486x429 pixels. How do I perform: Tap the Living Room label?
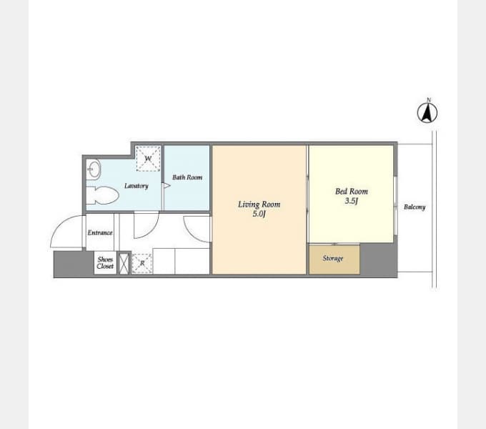(x=259, y=204)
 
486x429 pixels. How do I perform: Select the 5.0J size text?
(x=259, y=214)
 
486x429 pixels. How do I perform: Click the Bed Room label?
(x=352, y=191)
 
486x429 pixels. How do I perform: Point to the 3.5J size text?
(x=352, y=201)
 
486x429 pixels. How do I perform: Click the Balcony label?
(x=415, y=207)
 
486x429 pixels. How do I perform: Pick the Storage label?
(x=333, y=258)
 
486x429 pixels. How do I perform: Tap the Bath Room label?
(x=187, y=177)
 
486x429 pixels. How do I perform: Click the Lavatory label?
(x=137, y=186)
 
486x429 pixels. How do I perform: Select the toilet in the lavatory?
(x=102, y=195)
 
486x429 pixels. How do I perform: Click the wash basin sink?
(x=93, y=169)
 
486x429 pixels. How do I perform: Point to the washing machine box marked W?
(x=148, y=159)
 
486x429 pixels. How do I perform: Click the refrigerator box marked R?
(x=142, y=263)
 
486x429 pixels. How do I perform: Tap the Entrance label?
(x=100, y=232)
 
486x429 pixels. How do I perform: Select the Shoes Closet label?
(x=105, y=263)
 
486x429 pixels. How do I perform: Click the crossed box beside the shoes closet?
(x=124, y=263)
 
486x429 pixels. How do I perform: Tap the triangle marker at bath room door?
(x=167, y=186)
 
